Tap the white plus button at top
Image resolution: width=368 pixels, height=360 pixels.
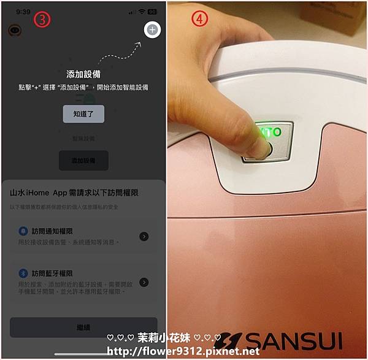pyautogui.click(x=152, y=30)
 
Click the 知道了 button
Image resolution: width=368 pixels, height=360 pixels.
pyautogui.click(x=83, y=113)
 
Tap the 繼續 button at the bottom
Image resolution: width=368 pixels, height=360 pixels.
pyautogui.click(x=83, y=327)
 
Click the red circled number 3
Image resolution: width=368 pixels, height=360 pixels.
pyautogui.click(x=42, y=18)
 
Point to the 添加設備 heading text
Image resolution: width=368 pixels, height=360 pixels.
pyautogui.click(x=83, y=74)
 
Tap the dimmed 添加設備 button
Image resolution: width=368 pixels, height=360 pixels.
pyautogui.click(x=83, y=161)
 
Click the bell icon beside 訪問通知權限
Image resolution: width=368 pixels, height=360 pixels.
pyautogui.click(x=23, y=231)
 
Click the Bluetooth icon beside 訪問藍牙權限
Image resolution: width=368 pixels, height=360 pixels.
pyautogui.click(x=23, y=273)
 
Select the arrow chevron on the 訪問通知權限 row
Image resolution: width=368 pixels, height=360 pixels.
pyautogui.click(x=144, y=236)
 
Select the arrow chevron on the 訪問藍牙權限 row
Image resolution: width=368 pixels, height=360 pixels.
pyautogui.click(x=144, y=282)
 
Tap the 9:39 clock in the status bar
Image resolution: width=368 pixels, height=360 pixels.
pyautogui.click(x=23, y=11)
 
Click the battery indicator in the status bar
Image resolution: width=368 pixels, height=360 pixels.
pyautogui.click(x=152, y=11)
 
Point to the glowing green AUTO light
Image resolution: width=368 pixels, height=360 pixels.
pyautogui.click(x=270, y=132)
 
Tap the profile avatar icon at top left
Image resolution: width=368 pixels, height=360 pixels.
pyautogui.click(x=13, y=30)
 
